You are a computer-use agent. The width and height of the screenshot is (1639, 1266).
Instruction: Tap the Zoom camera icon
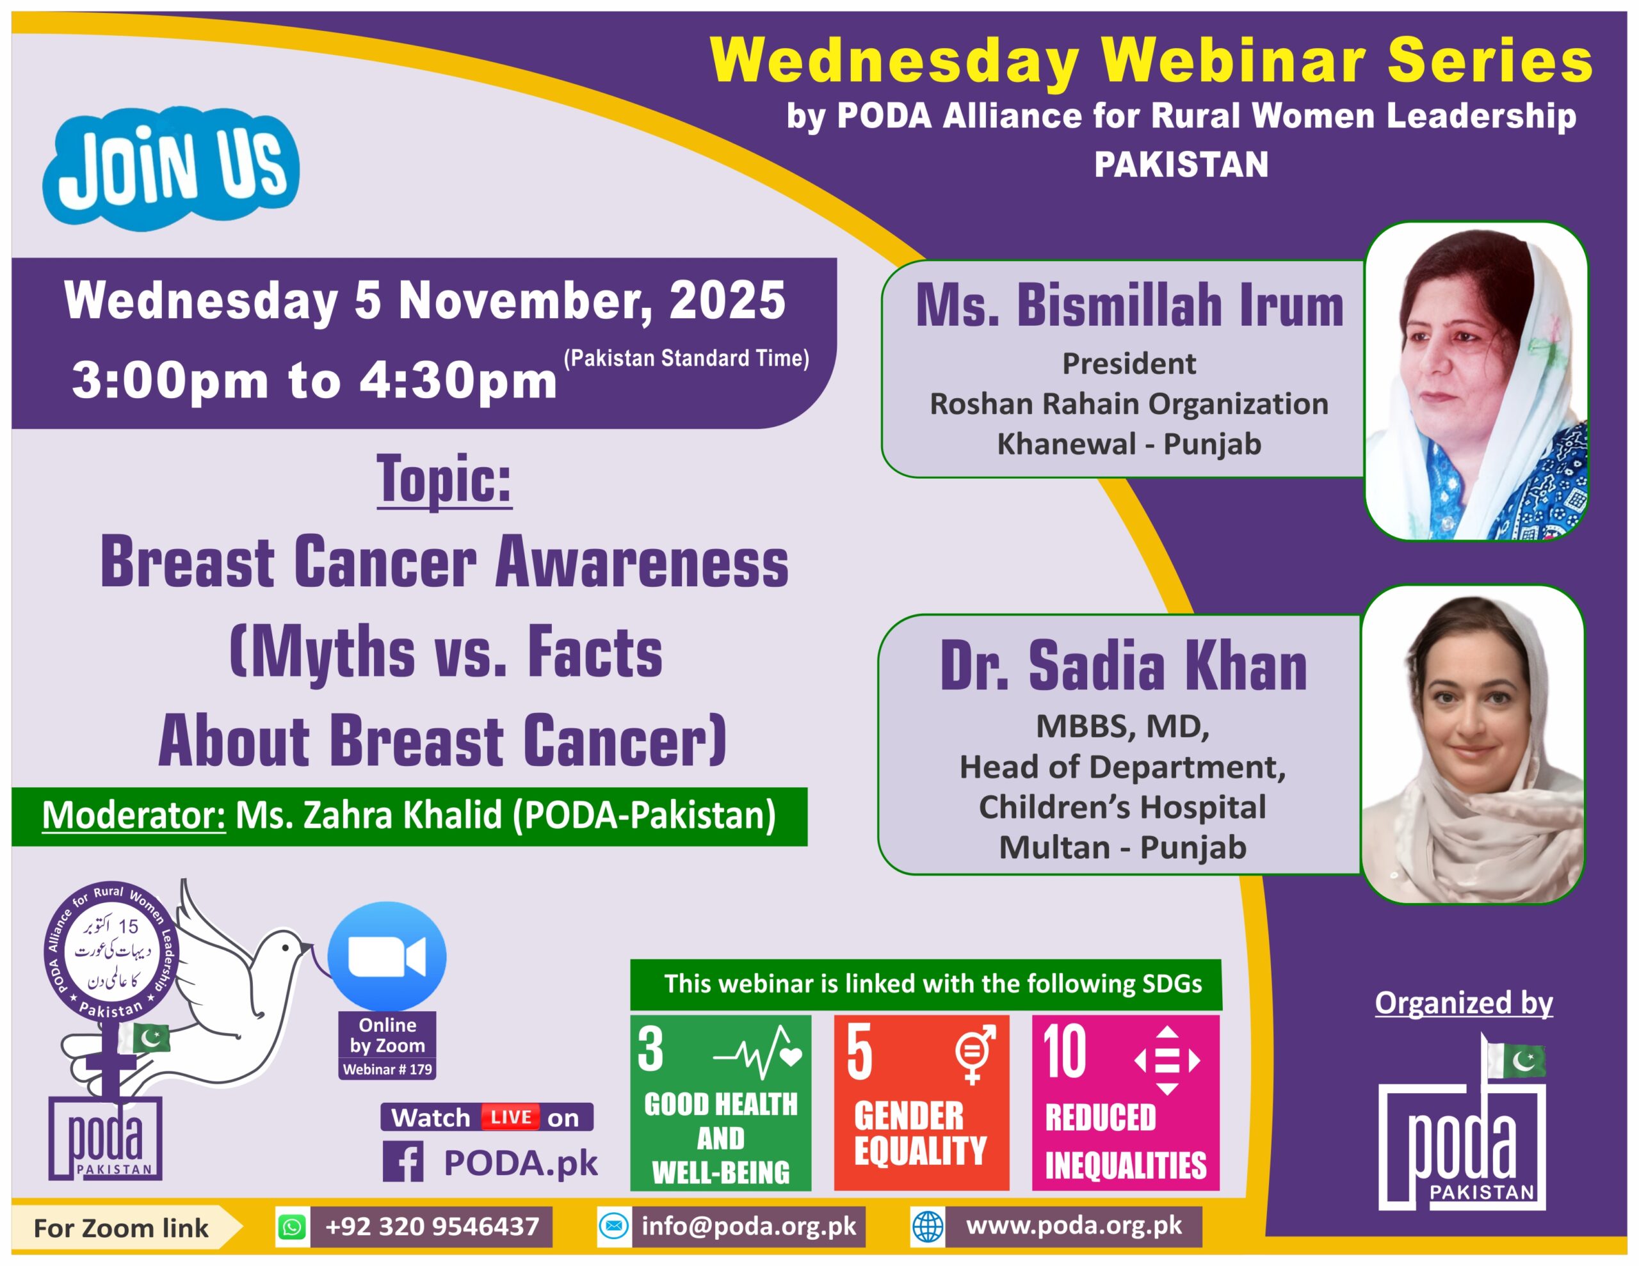[387, 957]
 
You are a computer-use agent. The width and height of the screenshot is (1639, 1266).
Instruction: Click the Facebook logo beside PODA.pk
[403, 1162]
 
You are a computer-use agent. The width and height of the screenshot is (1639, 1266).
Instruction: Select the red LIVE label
[510, 1118]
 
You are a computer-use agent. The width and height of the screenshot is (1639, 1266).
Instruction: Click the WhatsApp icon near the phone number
[292, 1227]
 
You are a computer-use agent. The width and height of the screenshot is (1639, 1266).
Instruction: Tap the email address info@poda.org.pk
[748, 1226]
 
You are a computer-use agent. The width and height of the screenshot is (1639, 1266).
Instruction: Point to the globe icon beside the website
[928, 1227]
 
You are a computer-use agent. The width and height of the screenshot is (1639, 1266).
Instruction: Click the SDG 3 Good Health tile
[720, 1102]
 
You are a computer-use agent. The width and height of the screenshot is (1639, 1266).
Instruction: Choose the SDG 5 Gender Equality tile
[921, 1102]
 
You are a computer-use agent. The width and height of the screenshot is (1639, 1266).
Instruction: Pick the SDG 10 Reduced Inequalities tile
[1125, 1102]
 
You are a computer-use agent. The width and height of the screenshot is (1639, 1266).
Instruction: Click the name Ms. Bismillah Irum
[1129, 305]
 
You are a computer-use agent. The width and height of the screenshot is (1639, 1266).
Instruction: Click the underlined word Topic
[444, 480]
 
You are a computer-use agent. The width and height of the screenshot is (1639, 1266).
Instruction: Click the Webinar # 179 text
[387, 1070]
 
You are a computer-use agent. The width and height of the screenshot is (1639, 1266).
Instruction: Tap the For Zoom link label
[121, 1228]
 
